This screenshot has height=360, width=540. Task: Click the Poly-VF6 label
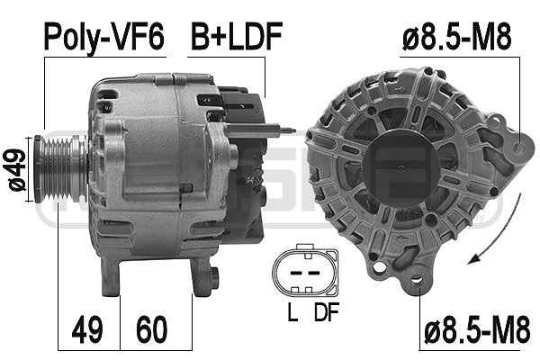click(x=104, y=37)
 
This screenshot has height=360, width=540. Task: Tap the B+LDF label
click(x=237, y=35)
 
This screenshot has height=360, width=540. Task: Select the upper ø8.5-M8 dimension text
click(x=456, y=36)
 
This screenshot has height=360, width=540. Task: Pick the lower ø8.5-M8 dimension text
click(x=477, y=330)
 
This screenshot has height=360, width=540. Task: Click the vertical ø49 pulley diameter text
click(x=18, y=170)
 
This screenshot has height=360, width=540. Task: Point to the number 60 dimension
click(x=151, y=329)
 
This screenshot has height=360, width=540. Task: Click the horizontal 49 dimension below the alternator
click(x=87, y=329)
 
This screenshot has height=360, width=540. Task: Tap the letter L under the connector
click(x=292, y=312)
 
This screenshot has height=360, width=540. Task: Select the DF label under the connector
click(x=327, y=312)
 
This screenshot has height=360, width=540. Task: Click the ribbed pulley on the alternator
click(x=60, y=168)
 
